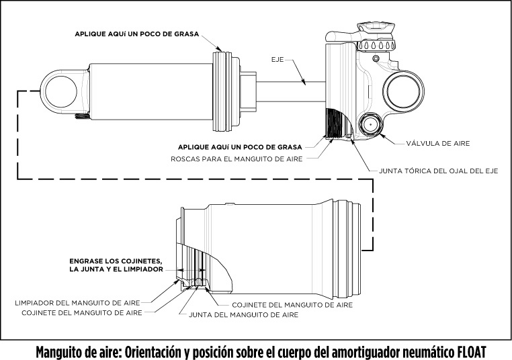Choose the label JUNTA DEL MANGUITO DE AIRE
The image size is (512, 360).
coord(243,314)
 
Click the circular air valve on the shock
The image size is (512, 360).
coord(370,125)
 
